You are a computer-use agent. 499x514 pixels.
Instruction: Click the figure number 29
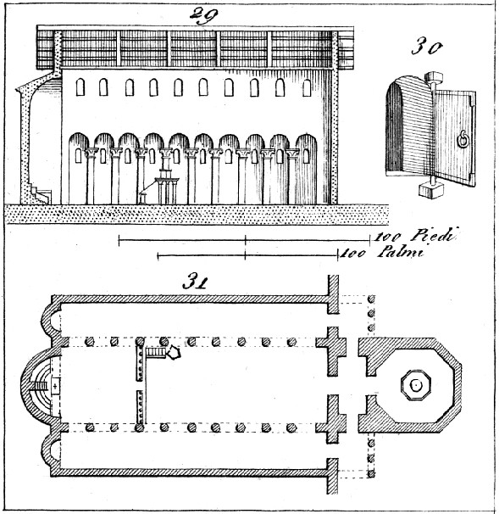tap(203, 15)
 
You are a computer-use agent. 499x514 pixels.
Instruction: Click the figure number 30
tap(427, 47)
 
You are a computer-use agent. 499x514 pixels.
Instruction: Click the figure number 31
tap(195, 282)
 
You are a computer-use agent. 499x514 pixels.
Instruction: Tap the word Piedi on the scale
tap(434, 235)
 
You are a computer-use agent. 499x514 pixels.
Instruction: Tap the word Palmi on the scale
tap(401, 253)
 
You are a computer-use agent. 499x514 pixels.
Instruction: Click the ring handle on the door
tap(463, 138)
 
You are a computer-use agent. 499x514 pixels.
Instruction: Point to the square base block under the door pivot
tap(431, 190)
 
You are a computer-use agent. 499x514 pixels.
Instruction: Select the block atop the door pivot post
tap(434, 77)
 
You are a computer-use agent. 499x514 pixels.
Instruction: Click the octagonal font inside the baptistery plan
tap(416, 384)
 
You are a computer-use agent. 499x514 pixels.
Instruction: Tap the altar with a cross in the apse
tap(55, 386)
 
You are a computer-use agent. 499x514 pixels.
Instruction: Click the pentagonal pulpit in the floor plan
tap(174, 353)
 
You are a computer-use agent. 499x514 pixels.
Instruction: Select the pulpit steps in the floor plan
tap(156, 353)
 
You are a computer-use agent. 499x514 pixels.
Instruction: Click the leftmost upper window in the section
tap(80, 87)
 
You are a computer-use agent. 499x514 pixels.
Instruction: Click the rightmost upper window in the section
tap(307, 87)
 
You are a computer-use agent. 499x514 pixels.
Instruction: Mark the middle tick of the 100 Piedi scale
tap(245, 240)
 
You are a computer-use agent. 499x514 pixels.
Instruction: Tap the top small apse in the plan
tap(52, 323)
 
